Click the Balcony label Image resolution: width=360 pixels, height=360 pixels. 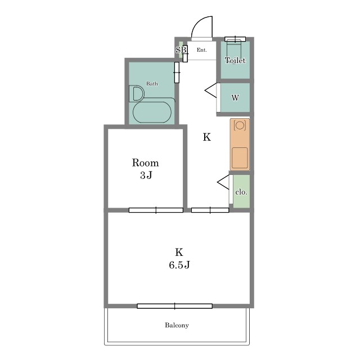click(177, 325)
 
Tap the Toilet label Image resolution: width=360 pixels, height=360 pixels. click(235, 60)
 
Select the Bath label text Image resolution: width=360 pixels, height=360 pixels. click(152, 84)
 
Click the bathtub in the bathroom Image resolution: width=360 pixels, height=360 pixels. click(152, 112)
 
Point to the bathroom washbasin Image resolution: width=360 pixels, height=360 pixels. click(137, 94)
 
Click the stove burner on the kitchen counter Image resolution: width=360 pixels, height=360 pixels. click(240, 125)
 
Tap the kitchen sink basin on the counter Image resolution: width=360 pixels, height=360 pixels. click(240, 158)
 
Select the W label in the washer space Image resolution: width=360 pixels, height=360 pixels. click(235, 98)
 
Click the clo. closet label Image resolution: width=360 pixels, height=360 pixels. click(241, 192)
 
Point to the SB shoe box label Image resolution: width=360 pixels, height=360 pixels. click(181, 50)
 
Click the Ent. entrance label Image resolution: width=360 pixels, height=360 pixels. click(202, 50)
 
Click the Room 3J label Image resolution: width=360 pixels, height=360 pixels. click(146, 169)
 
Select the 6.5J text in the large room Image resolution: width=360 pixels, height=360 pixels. click(179, 265)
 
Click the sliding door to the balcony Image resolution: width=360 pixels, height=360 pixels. click(175, 306)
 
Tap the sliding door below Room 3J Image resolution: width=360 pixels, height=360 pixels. click(156, 210)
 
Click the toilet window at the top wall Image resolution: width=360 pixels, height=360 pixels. click(235, 39)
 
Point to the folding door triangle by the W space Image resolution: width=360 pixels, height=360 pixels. click(211, 91)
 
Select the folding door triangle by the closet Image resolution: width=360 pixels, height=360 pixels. click(223, 182)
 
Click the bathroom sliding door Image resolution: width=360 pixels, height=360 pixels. click(177, 73)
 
